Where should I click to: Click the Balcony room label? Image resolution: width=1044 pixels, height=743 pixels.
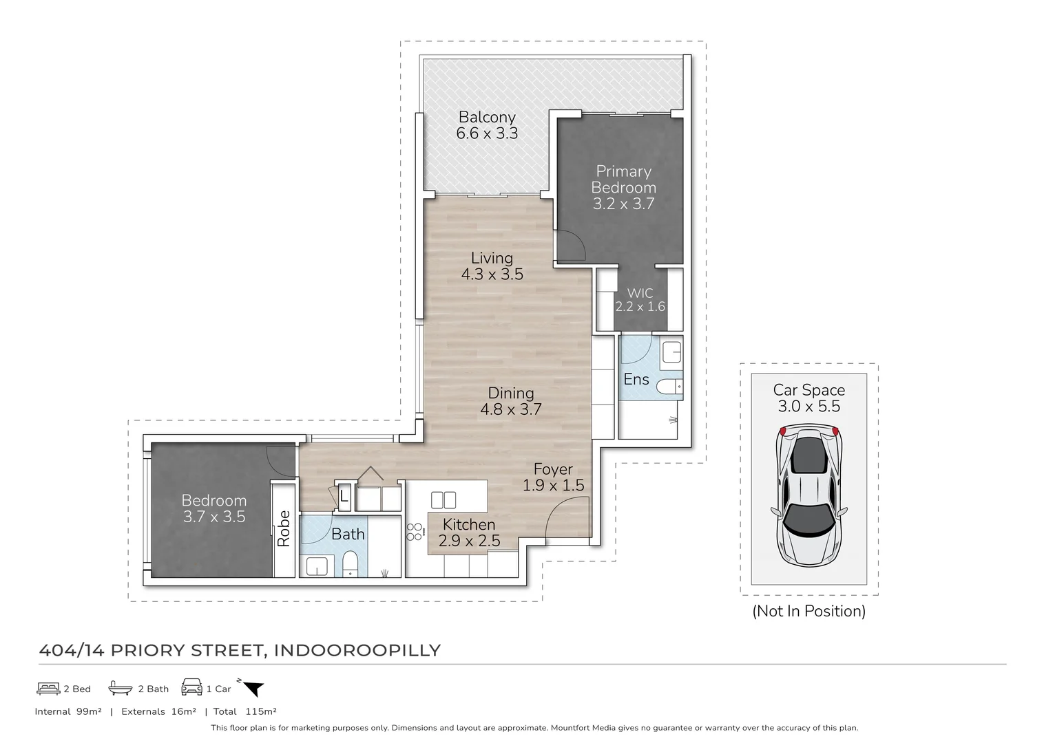point(487,117)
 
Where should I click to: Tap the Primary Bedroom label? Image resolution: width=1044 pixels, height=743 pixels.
point(623,179)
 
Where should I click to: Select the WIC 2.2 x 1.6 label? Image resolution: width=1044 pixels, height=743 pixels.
point(640,300)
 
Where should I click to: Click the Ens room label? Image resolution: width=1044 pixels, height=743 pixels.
point(636,379)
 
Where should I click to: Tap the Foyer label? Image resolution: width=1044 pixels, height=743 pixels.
point(553,469)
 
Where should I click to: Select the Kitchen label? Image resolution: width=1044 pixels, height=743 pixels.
point(468,525)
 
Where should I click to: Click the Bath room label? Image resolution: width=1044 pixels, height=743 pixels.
point(348,534)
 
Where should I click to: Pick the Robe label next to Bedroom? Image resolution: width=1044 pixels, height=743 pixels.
point(284,528)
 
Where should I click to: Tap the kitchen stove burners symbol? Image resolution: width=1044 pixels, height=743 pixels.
point(415,530)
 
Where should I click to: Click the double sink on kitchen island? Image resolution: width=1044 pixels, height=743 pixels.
point(443,499)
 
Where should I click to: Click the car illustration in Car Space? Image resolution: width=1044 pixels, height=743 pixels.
point(808,493)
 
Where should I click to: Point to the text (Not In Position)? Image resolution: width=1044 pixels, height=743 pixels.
point(808,611)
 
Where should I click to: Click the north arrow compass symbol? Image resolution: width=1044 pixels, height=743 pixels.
point(252,687)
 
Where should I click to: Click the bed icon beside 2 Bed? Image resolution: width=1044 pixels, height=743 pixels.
point(48,688)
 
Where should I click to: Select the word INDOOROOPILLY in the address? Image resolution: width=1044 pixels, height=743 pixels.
point(357,650)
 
